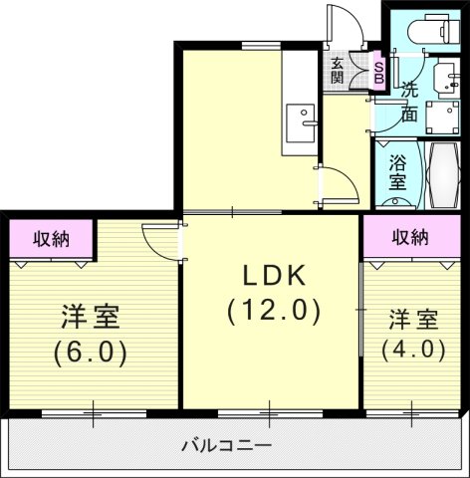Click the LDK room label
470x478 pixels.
point(274,276)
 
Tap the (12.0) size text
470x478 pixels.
point(274,311)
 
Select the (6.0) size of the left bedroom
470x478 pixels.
point(91,354)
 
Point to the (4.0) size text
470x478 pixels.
point(413,351)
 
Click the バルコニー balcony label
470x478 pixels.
point(226,445)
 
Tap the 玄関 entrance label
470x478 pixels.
point(338,71)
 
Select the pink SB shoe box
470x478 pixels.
point(378,71)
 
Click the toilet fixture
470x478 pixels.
point(433,28)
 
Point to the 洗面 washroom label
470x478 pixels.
point(409,103)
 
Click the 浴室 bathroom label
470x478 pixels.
point(397,172)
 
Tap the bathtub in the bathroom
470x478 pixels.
point(443,175)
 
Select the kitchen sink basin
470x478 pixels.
point(301,123)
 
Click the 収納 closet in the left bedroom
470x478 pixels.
point(51,238)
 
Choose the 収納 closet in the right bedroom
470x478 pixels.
point(411,236)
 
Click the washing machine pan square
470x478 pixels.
point(443,118)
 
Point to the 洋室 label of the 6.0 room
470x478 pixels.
point(91,317)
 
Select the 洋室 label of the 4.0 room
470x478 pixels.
point(413,320)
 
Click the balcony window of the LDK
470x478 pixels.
point(270,413)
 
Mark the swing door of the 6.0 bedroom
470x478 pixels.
point(162,242)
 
